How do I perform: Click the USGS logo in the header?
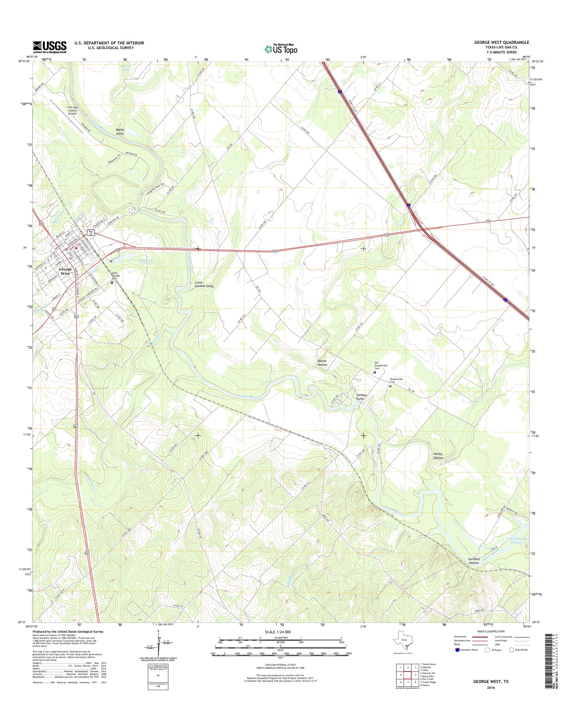50,47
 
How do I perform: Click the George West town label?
65,271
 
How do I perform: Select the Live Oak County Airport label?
72,110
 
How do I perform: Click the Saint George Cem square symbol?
112,282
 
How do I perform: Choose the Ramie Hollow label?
322,362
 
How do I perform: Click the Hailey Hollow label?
438,456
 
